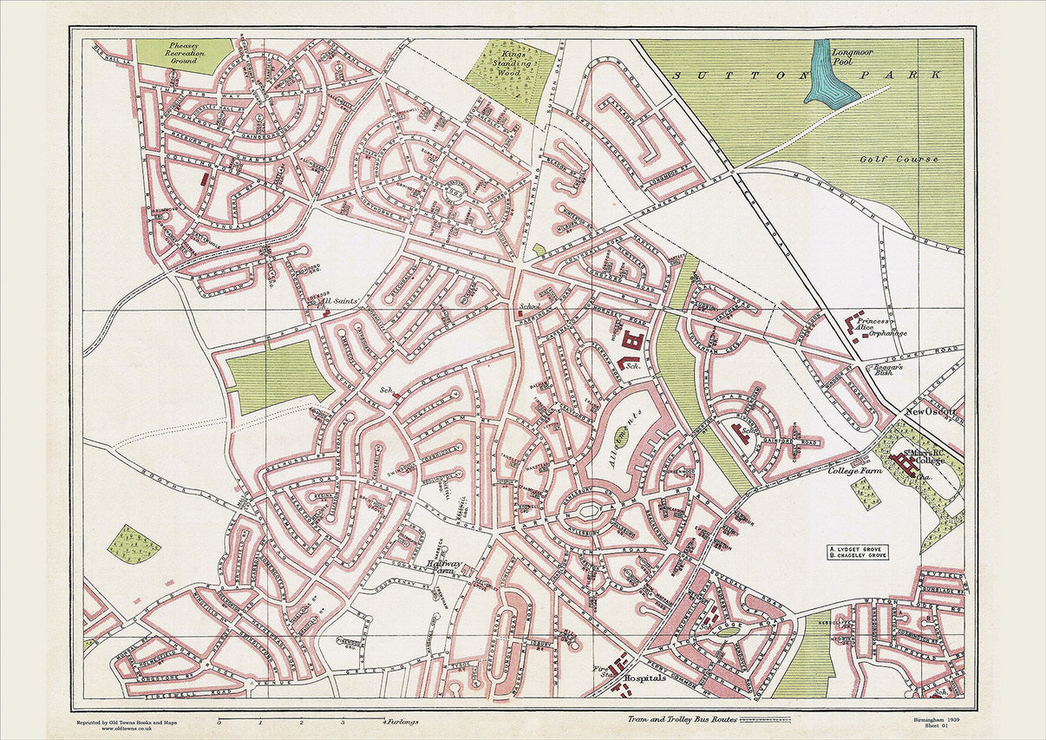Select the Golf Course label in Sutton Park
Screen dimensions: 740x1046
tap(912, 160)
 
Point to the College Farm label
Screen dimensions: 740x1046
tap(854, 470)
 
